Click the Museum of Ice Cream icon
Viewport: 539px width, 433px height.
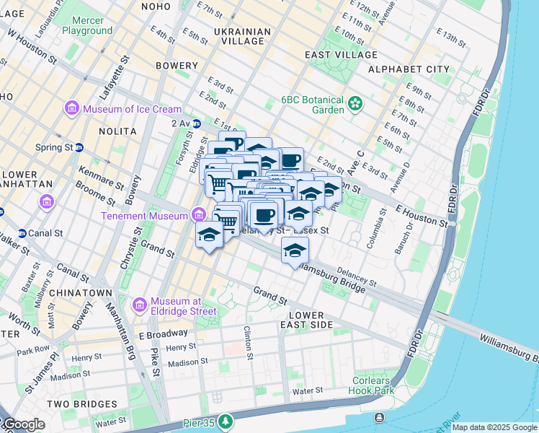pyautogui.click(x=72, y=109)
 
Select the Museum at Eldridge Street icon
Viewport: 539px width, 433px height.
pyautogui.click(x=140, y=305)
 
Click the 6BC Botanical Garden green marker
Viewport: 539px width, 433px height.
pyautogui.click(x=355, y=104)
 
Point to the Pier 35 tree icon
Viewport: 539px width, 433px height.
pyautogui.click(x=226, y=420)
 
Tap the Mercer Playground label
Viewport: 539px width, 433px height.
pyautogui.click(x=86, y=25)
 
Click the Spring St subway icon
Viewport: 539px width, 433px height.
pyautogui.click(x=79, y=147)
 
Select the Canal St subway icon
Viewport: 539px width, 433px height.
pyautogui.click(x=22, y=233)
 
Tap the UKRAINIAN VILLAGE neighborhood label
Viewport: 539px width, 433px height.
pyautogui.click(x=243, y=36)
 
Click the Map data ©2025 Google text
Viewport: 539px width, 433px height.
pyautogui.click(x=494, y=427)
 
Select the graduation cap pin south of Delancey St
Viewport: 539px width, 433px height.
pyautogui.click(x=294, y=250)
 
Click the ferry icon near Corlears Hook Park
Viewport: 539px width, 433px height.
pyautogui.click(x=379, y=418)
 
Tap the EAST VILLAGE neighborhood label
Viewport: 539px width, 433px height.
pyautogui.click(x=351, y=54)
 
